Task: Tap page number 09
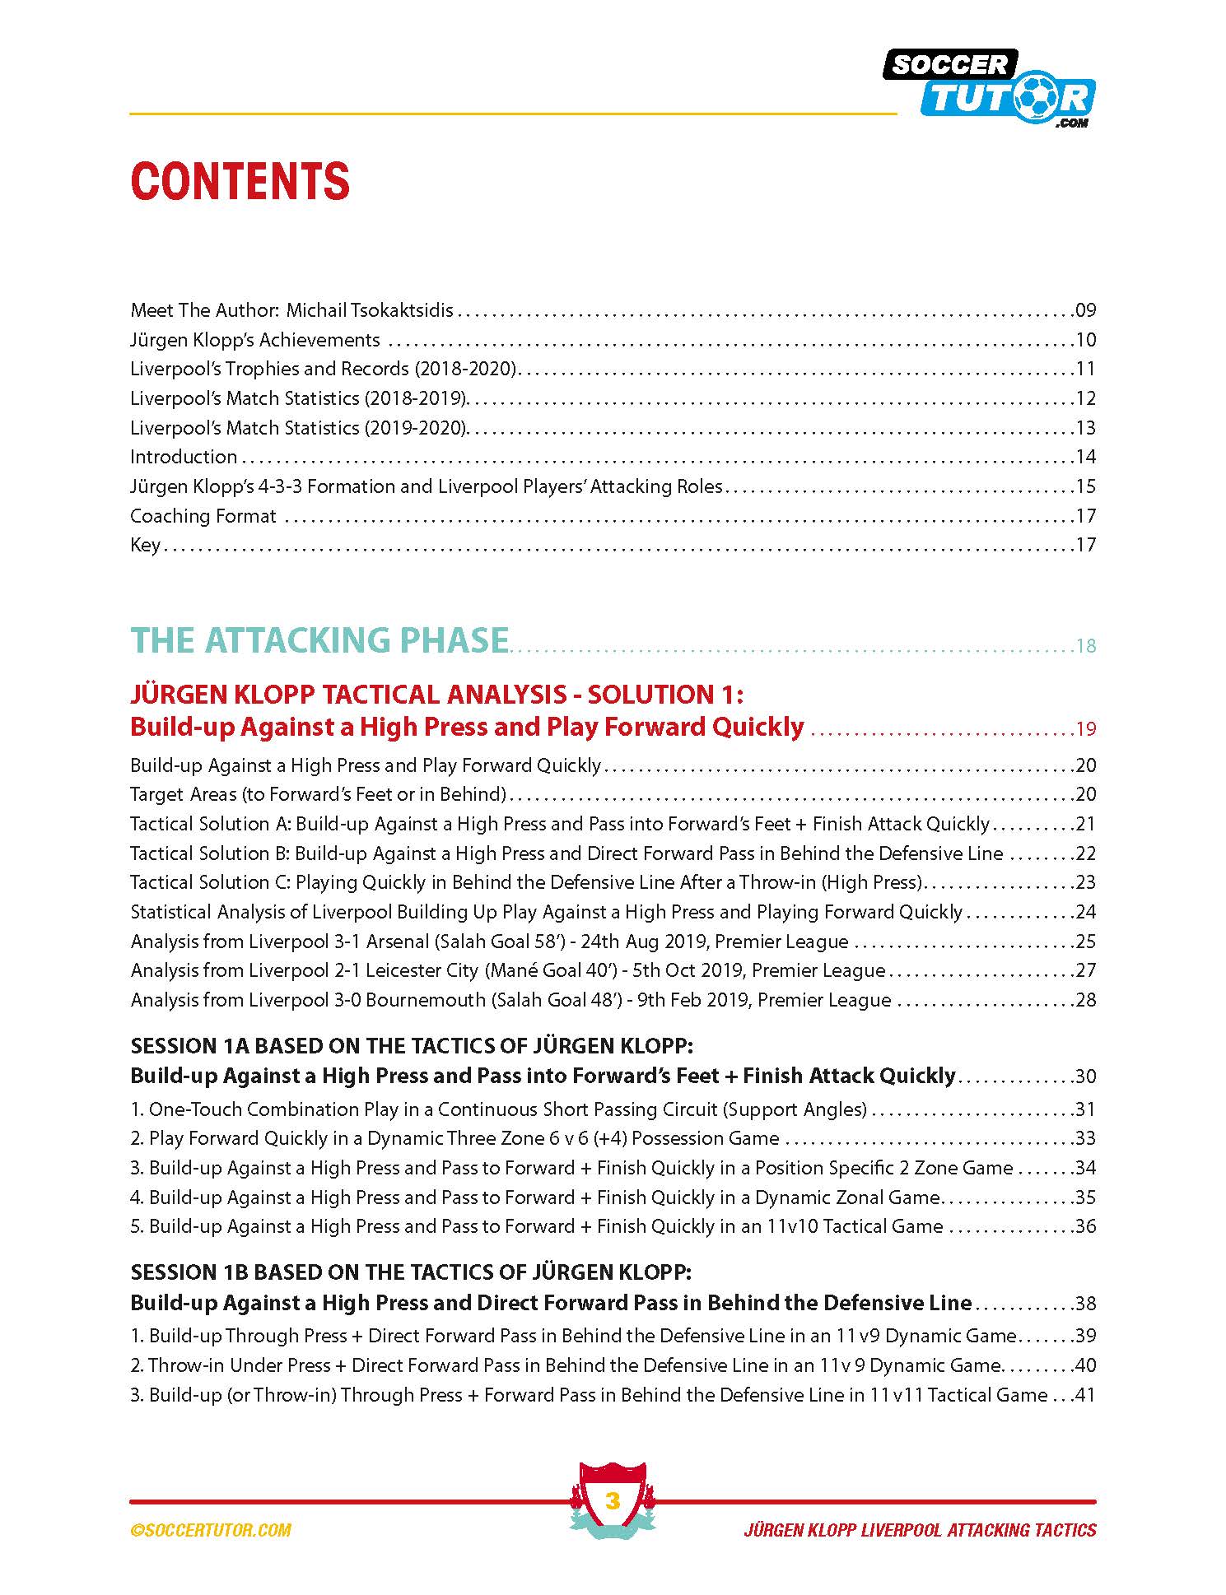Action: tap(1085, 310)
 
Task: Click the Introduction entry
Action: tap(184, 457)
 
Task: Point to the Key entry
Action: tap(145, 545)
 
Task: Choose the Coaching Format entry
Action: tap(203, 516)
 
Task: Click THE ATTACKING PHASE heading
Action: tap(319, 640)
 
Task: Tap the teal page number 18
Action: tap(1086, 646)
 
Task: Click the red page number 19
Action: tap(1086, 728)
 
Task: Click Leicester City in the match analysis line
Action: tap(422, 970)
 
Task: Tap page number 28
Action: tap(1085, 1000)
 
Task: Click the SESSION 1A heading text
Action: tap(412, 1046)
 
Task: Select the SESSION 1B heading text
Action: tap(411, 1272)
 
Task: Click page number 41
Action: tap(1085, 1395)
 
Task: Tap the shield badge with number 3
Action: tap(612, 1501)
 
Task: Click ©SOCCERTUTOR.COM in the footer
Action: tap(211, 1530)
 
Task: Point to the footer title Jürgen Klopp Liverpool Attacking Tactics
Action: tap(920, 1530)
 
